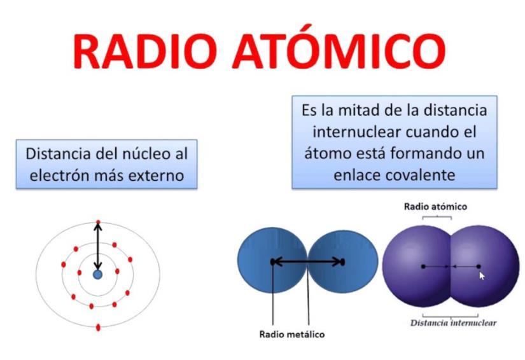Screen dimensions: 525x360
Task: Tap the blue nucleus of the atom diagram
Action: click(97, 274)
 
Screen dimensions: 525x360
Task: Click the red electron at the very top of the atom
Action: click(98, 223)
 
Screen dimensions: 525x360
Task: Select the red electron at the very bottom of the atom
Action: click(98, 328)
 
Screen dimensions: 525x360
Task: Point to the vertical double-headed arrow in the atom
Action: click(98, 248)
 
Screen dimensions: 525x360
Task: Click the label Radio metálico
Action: click(292, 333)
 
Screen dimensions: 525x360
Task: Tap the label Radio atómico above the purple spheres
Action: click(436, 207)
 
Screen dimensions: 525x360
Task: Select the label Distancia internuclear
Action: click(454, 322)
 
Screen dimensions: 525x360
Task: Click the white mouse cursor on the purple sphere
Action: click(482, 275)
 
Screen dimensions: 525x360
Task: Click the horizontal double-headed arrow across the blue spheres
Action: click(307, 261)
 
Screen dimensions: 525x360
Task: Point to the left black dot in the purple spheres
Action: click(423, 267)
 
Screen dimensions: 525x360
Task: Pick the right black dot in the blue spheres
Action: click(342, 261)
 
